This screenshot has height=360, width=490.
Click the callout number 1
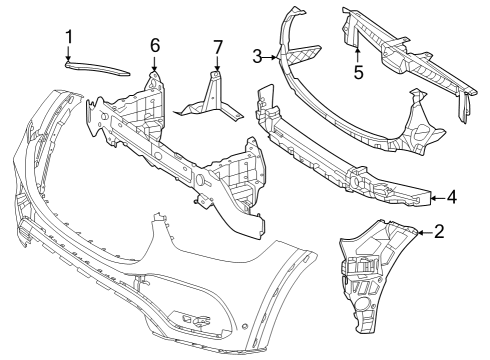click(69, 37)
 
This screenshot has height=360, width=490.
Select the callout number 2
click(439, 231)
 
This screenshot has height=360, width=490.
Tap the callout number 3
click(257, 56)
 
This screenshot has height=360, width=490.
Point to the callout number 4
click(452, 197)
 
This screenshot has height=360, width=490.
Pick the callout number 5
click(358, 73)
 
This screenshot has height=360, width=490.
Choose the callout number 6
click(155, 45)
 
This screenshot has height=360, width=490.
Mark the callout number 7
click(218, 47)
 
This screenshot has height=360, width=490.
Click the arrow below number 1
click(68, 53)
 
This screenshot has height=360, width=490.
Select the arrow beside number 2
click(425, 233)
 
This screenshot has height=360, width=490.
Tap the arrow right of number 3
click(270, 58)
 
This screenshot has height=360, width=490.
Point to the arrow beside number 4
click(437, 198)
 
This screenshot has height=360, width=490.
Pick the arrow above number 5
click(357, 55)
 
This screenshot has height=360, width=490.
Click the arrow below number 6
click(154, 63)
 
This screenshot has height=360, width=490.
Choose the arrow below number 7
click(217, 64)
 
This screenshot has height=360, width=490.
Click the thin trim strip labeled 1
click(97, 68)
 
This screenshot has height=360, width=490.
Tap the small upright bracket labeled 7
click(211, 98)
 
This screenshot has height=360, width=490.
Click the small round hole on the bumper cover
click(245, 325)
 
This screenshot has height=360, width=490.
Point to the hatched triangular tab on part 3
click(303, 54)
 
